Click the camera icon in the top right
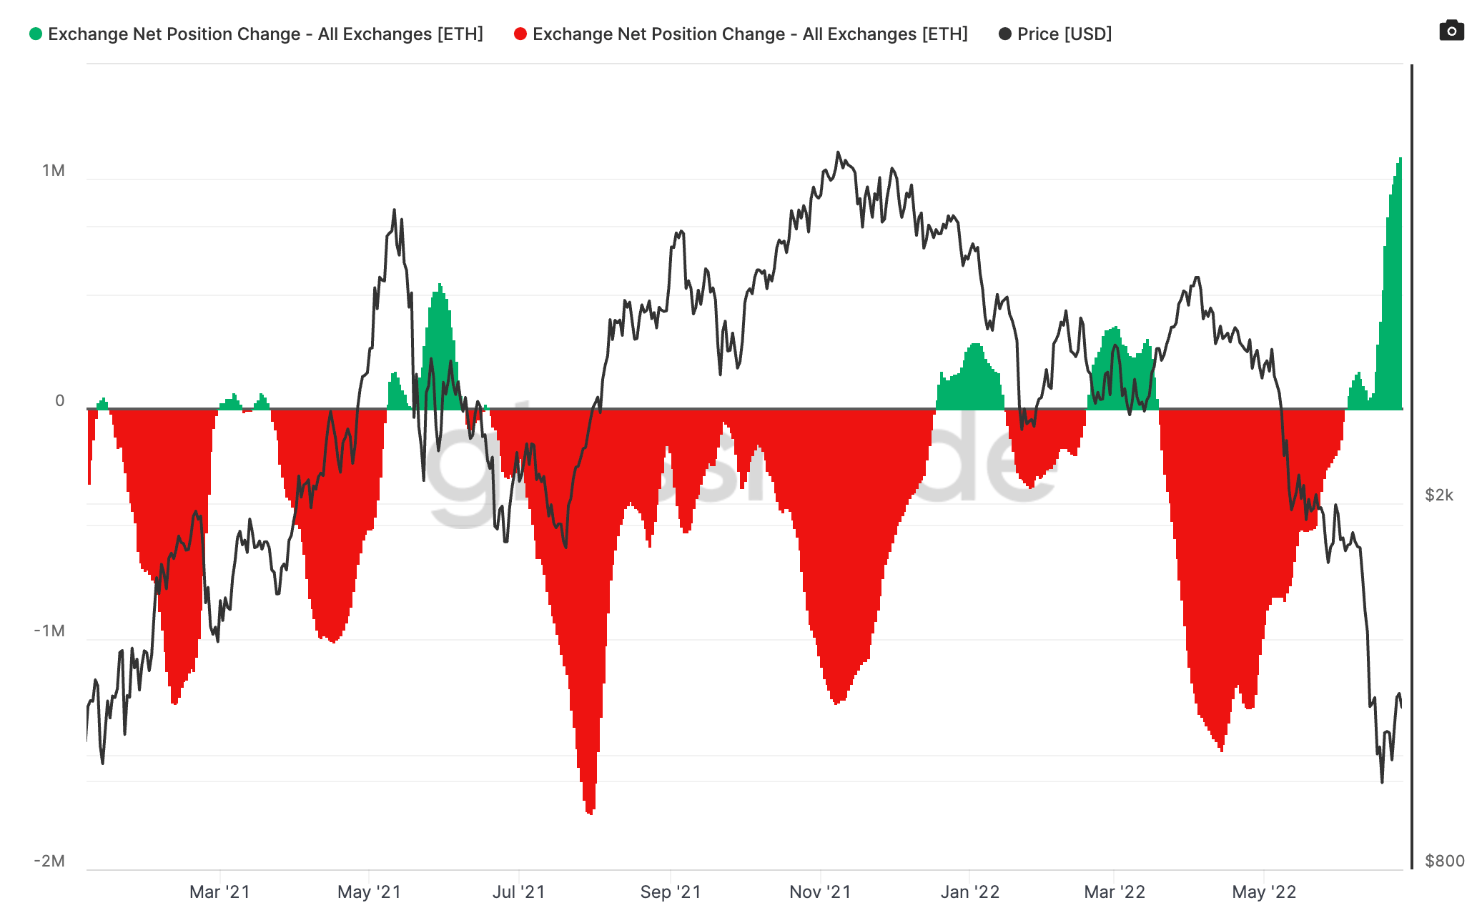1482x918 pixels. tap(1451, 31)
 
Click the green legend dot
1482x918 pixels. tap(36, 34)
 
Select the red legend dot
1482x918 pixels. tap(520, 34)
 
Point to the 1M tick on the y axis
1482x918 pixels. tap(54, 170)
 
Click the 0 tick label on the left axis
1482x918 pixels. tap(60, 400)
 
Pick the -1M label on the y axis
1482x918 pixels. tap(49, 631)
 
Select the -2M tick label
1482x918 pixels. tap(49, 861)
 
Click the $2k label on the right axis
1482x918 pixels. tap(1438, 495)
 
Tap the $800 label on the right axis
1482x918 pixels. tap(1444, 861)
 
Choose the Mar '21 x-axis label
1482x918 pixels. tap(219, 892)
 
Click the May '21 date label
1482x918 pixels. tap(369, 892)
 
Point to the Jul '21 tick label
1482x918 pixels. tap(518, 892)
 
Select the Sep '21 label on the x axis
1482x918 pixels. tap(671, 892)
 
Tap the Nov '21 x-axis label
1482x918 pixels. tap(820, 892)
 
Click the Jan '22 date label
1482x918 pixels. tap(969, 892)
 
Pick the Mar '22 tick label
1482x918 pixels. tap(1115, 892)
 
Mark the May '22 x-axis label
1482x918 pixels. tap(1264, 892)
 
